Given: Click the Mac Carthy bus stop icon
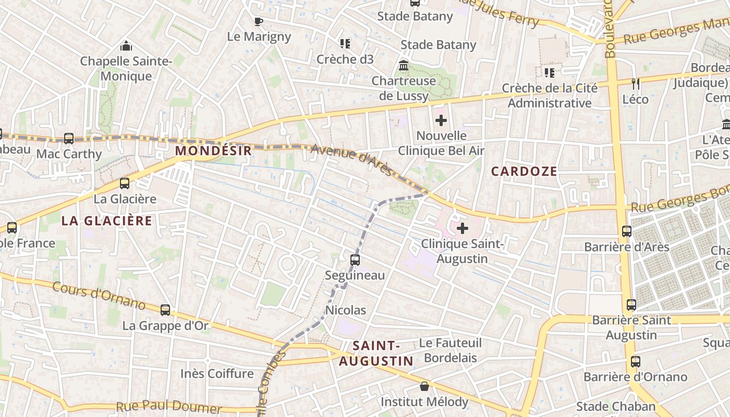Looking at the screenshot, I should click(x=69, y=139).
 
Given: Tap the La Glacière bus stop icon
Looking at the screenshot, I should click(x=125, y=183).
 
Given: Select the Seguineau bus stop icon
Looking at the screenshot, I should click(x=355, y=260).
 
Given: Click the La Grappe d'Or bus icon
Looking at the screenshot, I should click(x=165, y=310).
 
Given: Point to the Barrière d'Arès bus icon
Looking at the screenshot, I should click(x=627, y=231).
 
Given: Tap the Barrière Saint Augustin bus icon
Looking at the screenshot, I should click(x=631, y=305).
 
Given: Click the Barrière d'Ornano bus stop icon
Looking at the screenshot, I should click(x=636, y=362).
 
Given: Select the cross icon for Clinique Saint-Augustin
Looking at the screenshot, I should click(x=463, y=228).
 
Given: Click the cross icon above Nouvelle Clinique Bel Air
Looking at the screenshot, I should click(x=441, y=121).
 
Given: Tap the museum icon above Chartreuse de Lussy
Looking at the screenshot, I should click(x=404, y=66).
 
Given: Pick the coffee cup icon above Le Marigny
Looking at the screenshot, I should click(x=259, y=21).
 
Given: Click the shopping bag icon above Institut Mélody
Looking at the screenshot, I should click(x=424, y=387).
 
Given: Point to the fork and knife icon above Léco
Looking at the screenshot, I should click(x=635, y=83).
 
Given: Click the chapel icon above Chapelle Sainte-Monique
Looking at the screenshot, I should click(x=126, y=46).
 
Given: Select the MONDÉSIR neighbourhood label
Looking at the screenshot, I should click(x=213, y=151).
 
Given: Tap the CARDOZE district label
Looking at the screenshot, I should click(x=524, y=171).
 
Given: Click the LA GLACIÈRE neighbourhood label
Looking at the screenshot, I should click(x=107, y=220).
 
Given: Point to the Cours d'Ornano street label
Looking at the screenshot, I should click(x=99, y=296).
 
